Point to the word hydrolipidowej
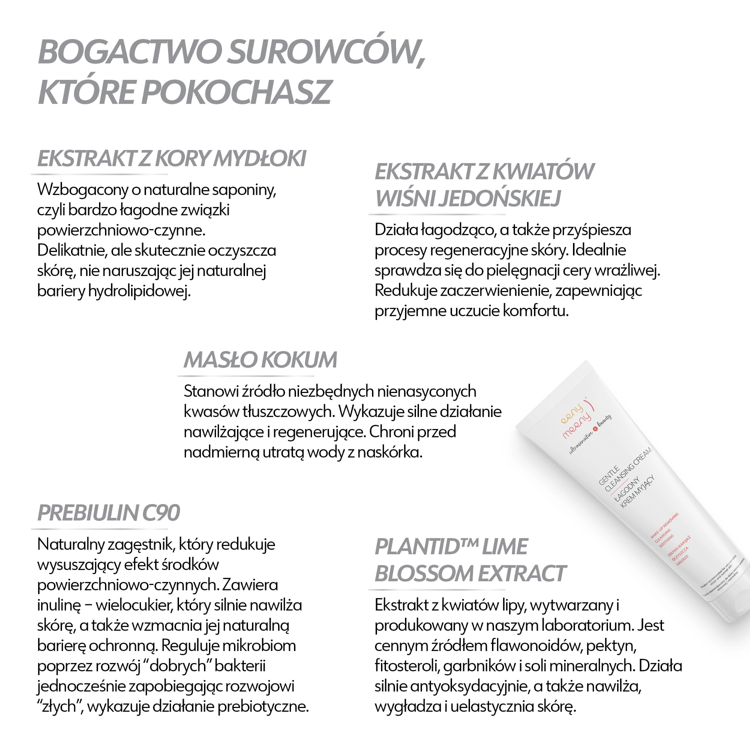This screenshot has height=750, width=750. pos(139,291)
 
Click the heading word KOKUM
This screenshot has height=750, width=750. pos(299,360)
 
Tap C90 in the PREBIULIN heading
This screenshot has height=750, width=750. pos(161,513)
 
